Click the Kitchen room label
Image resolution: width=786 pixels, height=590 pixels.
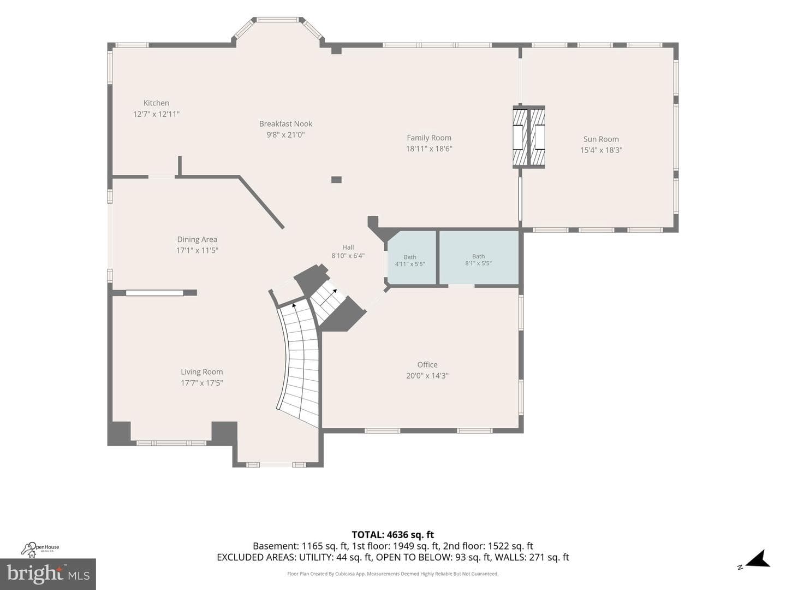[156, 103]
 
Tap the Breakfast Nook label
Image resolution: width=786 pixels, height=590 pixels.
[286, 123]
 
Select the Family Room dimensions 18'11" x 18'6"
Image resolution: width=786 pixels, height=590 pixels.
[429, 149]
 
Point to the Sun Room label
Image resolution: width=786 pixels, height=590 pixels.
[601, 139]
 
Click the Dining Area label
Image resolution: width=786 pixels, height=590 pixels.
[197, 239]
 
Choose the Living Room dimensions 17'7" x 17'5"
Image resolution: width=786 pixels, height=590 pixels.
[201, 383]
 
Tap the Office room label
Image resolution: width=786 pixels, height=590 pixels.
[427, 364]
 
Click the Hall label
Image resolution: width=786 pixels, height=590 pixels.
[348, 247]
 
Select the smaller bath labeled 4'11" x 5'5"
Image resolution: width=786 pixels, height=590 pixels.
[410, 261]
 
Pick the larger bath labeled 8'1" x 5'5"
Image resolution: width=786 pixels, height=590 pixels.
[478, 260]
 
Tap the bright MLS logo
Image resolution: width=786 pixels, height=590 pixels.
[48, 574]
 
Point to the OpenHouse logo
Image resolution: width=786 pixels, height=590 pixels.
[40, 549]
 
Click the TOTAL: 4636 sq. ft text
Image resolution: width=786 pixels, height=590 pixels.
[393, 535]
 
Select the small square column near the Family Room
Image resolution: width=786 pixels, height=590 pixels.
[336, 180]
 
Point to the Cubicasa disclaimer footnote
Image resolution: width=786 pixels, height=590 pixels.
[393, 574]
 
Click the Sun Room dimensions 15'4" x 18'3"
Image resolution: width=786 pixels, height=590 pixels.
[601, 150]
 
